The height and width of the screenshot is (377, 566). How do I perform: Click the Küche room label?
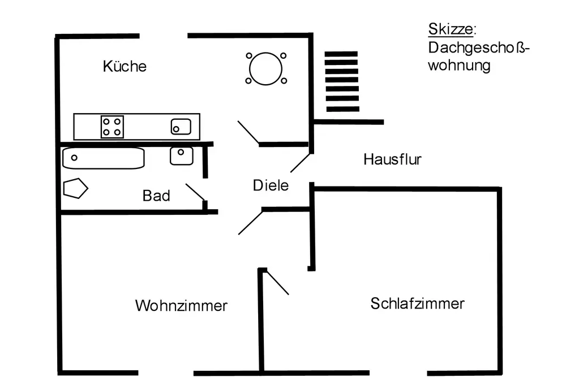pos(125,66)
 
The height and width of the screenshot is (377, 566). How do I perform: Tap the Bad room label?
pos(156,196)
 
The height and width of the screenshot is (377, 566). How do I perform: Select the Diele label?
pos(271,185)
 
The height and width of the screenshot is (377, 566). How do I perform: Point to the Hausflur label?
pos(392,159)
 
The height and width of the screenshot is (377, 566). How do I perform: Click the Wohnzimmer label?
pos(181,306)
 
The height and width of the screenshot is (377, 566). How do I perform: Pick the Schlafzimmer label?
pos(417,304)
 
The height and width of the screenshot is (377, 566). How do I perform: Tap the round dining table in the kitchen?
pos(265,68)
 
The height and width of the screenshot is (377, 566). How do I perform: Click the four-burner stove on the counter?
pos(112,126)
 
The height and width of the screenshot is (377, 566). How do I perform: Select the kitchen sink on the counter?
pos(181,127)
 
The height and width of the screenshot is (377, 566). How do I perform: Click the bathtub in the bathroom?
pos(103,158)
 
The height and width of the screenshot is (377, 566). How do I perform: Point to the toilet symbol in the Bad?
pos(74,188)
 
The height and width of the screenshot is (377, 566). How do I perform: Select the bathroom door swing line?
pos(195,192)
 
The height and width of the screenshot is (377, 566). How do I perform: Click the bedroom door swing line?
pos(277,281)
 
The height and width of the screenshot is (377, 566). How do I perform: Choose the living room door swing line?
pos(250,222)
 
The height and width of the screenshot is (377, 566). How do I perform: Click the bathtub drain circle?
pos(74,158)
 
